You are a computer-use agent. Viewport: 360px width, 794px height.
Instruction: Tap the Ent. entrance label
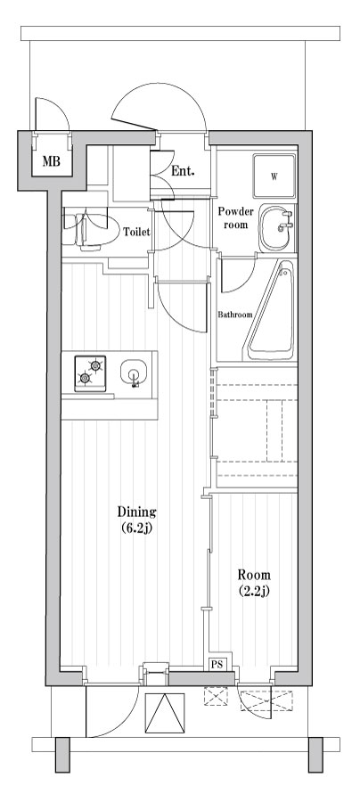[x=184, y=171]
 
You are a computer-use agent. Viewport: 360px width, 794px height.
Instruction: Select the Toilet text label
[x=135, y=232]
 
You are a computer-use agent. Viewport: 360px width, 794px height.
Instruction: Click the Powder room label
[x=237, y=218]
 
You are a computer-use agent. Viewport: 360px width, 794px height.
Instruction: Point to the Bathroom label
[x=235, y=315]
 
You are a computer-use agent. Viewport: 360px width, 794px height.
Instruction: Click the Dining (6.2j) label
[x=137, y=519]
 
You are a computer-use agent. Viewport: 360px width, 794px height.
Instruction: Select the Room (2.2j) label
[x=254, y=582]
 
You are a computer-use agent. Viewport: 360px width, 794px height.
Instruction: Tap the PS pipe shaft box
[x=217, y=664]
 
